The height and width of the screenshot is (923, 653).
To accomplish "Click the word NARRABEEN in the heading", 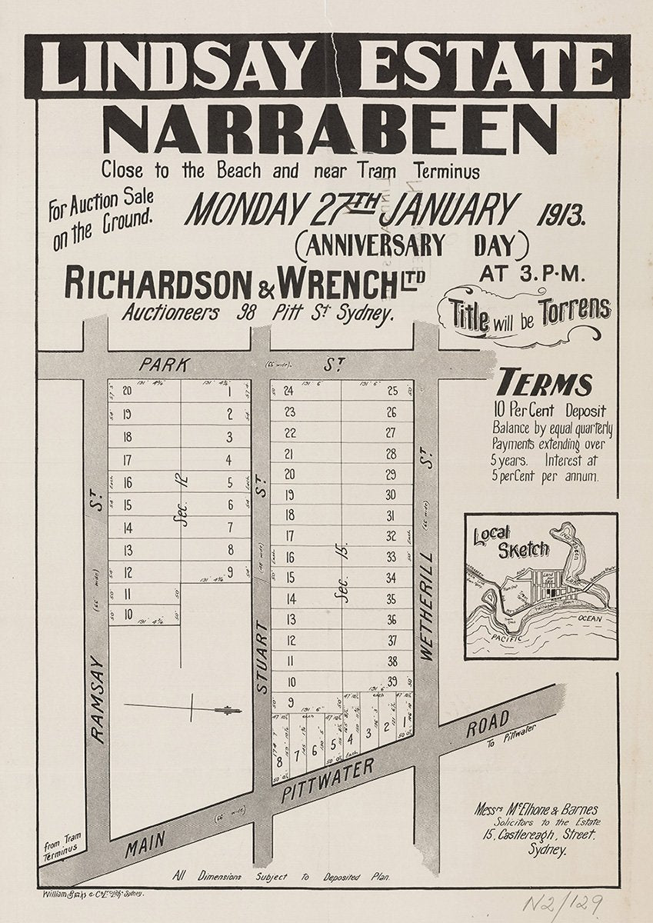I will pos(329,129).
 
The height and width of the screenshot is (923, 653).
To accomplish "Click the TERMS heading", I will pos(545,383).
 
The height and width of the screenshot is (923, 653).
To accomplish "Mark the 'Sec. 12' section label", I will pos(182,503).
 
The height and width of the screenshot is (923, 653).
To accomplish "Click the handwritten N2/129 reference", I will pos(562,903).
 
